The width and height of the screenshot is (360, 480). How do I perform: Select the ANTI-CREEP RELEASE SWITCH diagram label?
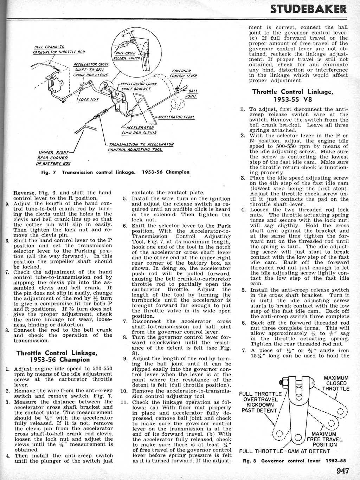[x=126, y=56]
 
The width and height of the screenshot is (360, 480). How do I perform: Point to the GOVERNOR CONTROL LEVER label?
[x=183, y=73]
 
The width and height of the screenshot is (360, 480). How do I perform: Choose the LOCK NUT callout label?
[x=89, y=99]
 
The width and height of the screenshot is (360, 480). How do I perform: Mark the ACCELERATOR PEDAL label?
[x=176, y=117]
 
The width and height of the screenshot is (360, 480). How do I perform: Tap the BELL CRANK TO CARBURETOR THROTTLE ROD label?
[x=59, y=50]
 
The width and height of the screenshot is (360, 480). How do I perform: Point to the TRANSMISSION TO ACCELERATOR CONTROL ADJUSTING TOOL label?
[x=141, y=147]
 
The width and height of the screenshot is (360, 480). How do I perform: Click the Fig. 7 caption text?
[x=116, y=172]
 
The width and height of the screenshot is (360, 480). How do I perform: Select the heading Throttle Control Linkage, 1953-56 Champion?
[x=57, y=356]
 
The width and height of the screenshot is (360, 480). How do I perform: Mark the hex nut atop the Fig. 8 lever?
[x=285, y=381]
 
